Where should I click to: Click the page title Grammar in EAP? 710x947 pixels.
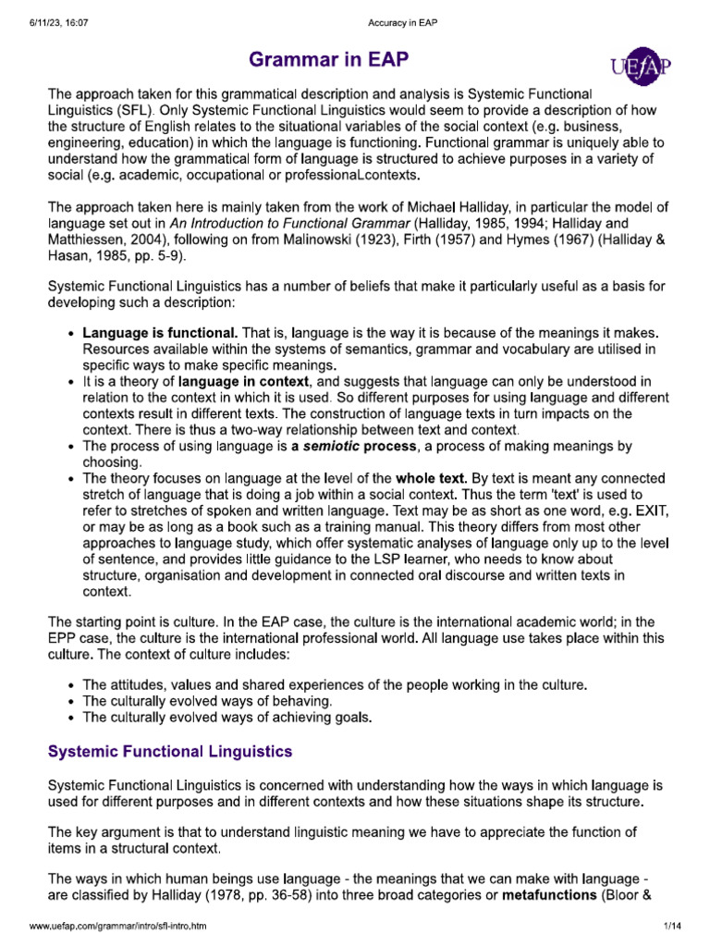pyautogui.click(x=328, y=62)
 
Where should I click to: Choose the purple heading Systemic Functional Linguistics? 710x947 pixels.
pyautogui.click(x=170, y=750)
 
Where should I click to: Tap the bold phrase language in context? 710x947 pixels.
pyautogui.click(x=247, y=381)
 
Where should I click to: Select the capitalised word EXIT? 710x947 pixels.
pyautogui.click(x=647, y=510)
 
